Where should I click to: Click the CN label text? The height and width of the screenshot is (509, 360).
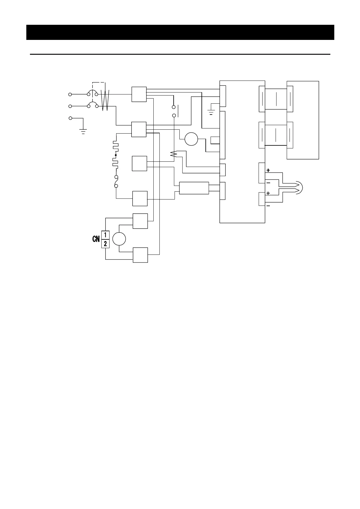click(x=96, y=239)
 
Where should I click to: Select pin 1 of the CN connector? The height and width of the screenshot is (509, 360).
click(x=105, y=235)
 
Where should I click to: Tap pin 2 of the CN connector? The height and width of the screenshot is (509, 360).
click(x=105, y=244)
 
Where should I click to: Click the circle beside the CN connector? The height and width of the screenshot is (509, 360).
click(x=119, y=239)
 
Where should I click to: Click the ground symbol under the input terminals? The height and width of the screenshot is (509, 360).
click(x=83, y=131)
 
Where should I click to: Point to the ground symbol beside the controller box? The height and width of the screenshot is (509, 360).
click(x=211, y=112)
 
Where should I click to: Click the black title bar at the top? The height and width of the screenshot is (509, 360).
click(x=180, y=32)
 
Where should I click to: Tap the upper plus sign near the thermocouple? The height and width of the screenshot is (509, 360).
click(x=268, y=170)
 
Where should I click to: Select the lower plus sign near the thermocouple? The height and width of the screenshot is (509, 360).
click(x=268, y=193)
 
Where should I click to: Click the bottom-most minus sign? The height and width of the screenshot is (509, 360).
click(x=268, y=206)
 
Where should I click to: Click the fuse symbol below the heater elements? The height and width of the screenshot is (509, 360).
click(x=116, y=182)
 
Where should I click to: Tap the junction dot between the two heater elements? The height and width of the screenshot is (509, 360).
click(x=116, y=155)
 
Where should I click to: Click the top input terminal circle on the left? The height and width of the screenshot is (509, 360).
click(x=70, y=94)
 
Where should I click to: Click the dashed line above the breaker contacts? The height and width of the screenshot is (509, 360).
click(x=98, y=82)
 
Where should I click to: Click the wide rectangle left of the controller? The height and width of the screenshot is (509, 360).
click(x=194, y=188)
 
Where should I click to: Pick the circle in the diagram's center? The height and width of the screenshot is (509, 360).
click(x=191, y=139)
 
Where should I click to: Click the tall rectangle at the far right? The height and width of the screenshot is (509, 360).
click(x=303, y=120)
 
